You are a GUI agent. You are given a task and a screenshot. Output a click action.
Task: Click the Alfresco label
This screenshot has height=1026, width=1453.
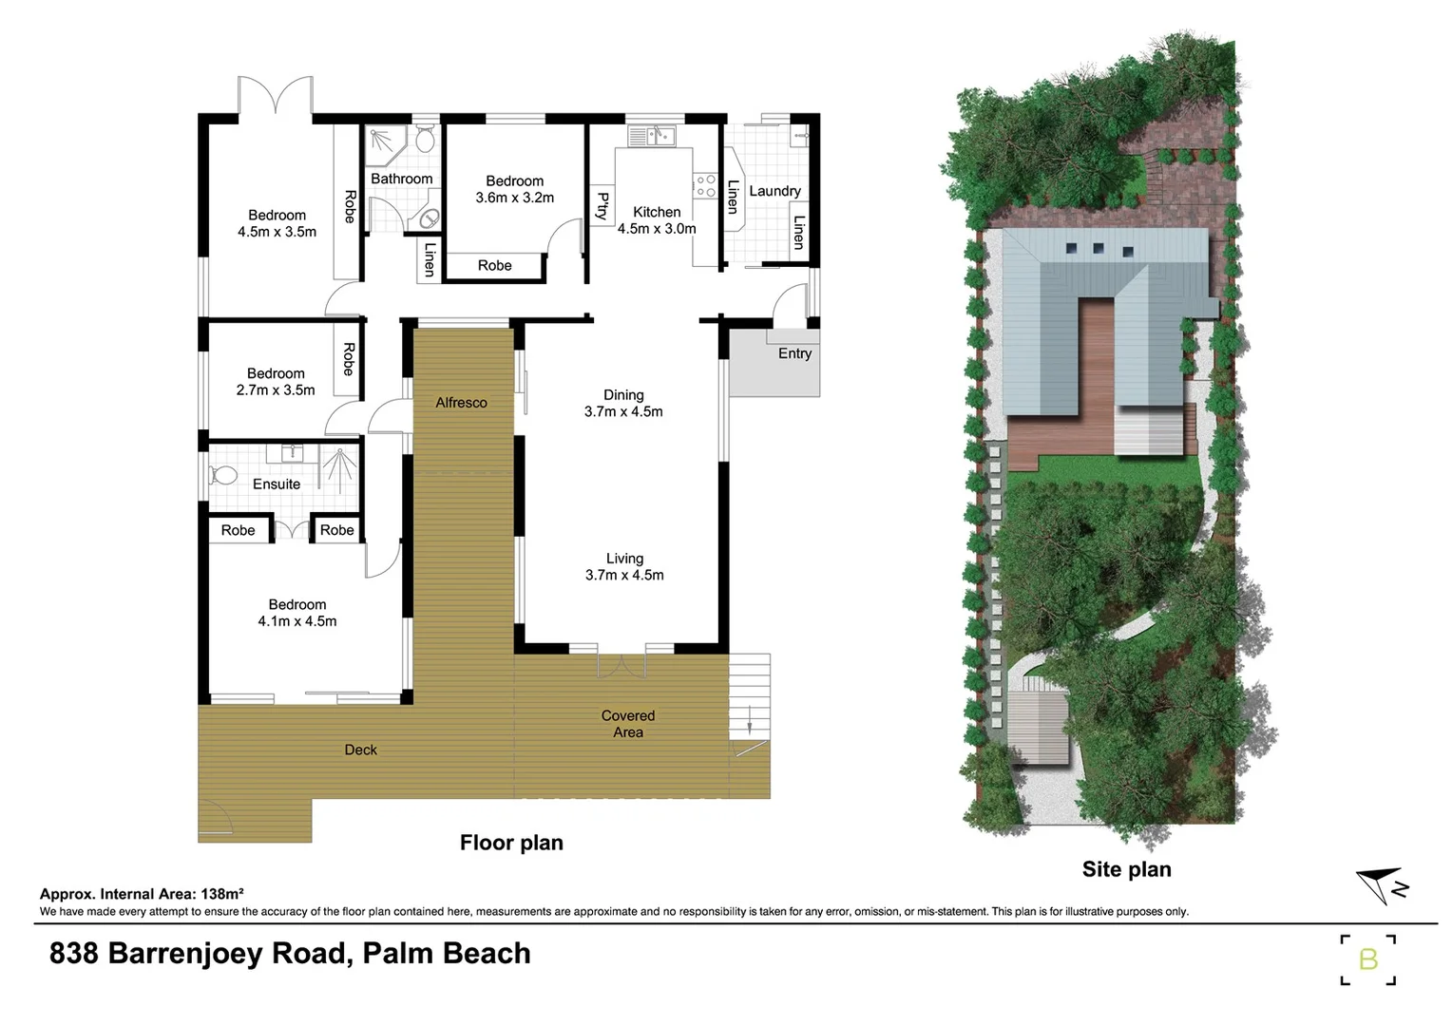click(461, 403)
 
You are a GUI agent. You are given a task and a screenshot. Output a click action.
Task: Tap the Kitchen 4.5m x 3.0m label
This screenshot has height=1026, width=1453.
click(657, 220)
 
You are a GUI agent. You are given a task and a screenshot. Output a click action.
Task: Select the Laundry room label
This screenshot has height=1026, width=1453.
click(774, 191)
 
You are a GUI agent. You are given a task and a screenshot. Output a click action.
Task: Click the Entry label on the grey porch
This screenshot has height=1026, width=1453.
click(794, 353)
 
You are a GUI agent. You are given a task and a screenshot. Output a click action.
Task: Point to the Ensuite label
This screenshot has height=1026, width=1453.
click(277, 484)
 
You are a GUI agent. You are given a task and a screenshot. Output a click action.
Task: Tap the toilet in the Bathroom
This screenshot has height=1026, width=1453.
click(426, 140)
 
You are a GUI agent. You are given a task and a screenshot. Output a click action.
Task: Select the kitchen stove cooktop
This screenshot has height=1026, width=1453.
click(705, 185)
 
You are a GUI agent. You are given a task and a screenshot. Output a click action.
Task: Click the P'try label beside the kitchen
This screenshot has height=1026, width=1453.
click(602, 206)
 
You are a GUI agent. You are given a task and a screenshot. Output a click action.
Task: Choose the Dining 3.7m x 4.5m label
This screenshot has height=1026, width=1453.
click(623, 403)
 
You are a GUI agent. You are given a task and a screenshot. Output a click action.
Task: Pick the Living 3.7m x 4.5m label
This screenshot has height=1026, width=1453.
click(624, 566)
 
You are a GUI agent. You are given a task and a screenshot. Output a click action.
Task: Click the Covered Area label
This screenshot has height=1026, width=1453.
click(627, 724)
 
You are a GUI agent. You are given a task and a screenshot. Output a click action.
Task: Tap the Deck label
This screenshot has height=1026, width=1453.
click(360, 750)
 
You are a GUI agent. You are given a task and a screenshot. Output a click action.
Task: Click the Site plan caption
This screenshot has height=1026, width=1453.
click(1126, 869)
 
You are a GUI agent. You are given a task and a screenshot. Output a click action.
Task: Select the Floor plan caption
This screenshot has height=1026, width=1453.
click(511, 843)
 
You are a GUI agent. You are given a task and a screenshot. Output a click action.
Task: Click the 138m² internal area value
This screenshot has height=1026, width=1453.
click(222, 893)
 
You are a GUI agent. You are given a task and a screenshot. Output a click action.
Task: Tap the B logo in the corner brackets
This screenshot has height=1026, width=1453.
click(1367, 959)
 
